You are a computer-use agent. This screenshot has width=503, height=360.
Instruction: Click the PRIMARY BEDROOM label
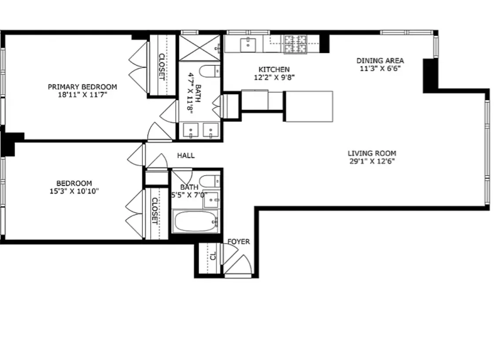point(82,87)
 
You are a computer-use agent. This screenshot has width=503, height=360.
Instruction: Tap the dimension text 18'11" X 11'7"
point(82,94)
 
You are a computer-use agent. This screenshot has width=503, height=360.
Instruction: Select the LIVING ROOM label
point(372,153)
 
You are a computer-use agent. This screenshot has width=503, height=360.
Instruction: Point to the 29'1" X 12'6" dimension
point(372,161)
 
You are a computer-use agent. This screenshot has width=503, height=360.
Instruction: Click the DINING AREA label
point(380,61)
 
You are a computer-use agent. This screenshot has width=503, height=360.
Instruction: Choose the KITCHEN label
point(274,70)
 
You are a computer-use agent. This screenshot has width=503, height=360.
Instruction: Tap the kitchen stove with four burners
point(295,44)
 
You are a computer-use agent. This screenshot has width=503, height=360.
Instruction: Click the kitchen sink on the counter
point(248,44)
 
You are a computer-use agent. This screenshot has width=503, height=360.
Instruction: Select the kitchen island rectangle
point(309,106)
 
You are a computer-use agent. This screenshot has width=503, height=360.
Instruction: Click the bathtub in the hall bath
point(195,222)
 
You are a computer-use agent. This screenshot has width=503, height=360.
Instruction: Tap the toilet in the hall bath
point(209,181)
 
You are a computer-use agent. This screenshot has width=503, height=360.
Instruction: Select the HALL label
point(185,155)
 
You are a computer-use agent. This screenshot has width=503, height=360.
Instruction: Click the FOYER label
point(238,242)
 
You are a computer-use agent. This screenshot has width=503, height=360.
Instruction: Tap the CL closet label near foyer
point(213,256)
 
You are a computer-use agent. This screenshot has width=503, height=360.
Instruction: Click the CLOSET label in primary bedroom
point(161,66)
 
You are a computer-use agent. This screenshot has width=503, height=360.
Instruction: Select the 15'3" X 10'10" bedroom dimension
point(74,191)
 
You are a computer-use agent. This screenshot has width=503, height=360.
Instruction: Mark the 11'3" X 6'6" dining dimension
point(380,68)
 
